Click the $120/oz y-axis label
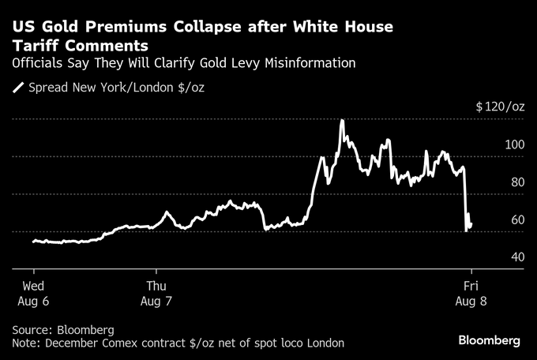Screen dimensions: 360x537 (500, 107)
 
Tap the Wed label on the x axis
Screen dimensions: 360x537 (33, 284)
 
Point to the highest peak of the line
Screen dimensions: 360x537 (341, 121)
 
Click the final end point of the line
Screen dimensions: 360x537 (471, 225)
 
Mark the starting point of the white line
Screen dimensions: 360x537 (33, 241)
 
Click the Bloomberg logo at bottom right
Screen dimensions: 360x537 (489, 339)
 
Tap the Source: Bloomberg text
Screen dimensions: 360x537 (63, 329)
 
